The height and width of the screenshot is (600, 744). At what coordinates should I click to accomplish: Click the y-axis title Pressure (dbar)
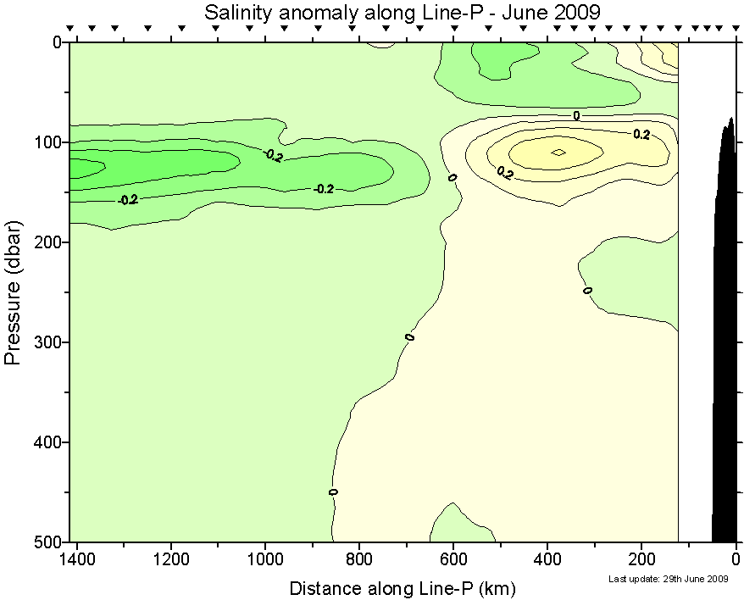coord(13,292)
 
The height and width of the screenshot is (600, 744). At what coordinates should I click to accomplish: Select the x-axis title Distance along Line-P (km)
coord(403,588)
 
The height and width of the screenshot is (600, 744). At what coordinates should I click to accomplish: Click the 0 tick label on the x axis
coord(736,559)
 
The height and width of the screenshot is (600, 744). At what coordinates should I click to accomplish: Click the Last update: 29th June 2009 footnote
coord(669,580)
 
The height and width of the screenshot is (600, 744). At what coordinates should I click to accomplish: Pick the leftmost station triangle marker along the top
coord(70,28)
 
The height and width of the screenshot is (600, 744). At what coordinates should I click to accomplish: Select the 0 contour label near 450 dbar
coord(333,492)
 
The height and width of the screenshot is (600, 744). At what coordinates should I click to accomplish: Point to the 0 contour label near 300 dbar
coord(410,337)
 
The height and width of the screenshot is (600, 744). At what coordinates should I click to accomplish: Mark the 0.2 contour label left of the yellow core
coord(505,173)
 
